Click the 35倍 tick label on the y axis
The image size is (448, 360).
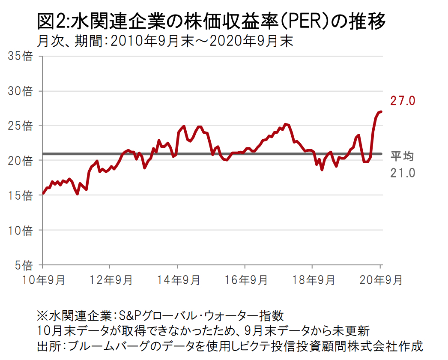(x=21, y=56)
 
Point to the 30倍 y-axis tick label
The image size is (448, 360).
(x=21, y=91)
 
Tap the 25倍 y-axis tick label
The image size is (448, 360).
(x=21, y=126)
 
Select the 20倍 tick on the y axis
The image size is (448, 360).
(x=21, y=160)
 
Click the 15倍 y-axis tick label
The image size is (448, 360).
(x=21, y=195)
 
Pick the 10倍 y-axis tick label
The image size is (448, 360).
(x=21, y=230)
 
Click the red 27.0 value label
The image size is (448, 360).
(x=403, y=101)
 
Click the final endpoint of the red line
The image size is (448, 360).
(x=381, y=111)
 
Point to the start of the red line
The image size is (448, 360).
(x=43, y=193)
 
